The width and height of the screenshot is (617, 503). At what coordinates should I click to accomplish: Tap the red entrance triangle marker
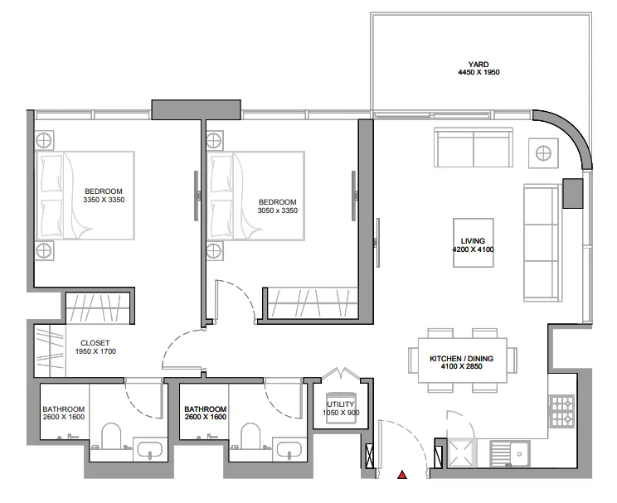(402, 476)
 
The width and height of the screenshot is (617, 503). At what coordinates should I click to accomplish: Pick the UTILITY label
(341, 404)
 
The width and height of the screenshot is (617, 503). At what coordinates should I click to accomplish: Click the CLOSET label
(95, 342)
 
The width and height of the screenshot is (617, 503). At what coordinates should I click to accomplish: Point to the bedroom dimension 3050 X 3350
(277, 210)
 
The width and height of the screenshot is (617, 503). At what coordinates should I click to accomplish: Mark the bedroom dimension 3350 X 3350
(104, 200)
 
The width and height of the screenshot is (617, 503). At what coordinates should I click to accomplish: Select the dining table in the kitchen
(461, 360)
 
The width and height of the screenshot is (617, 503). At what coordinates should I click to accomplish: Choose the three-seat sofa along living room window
(541, 242)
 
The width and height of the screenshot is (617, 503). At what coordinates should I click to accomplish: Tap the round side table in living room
(545, 152)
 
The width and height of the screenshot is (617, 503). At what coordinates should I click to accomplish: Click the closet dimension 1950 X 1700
(95, 351)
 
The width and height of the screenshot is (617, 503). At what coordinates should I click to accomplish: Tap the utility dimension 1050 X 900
(341, 413)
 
